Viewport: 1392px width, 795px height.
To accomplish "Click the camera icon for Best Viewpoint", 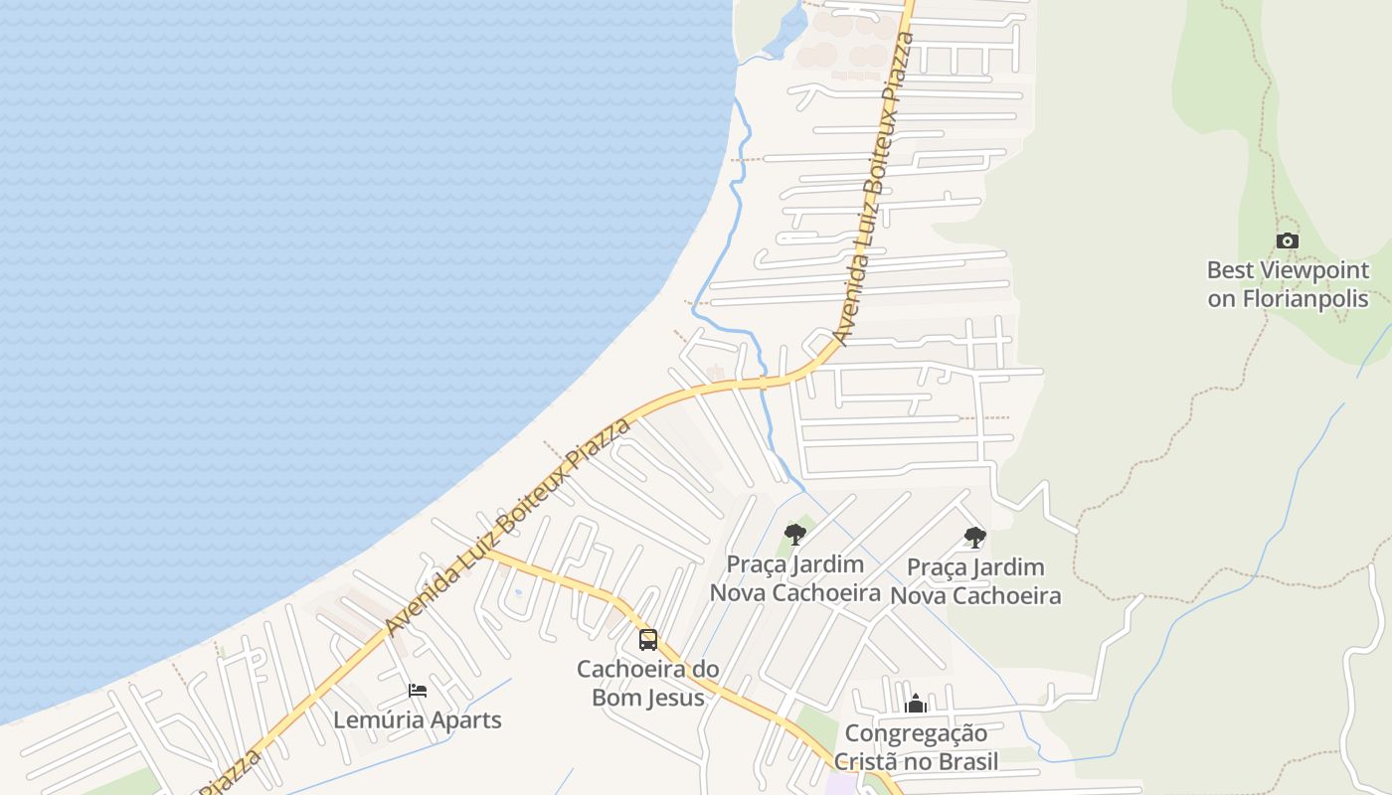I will [x=1288, y=240].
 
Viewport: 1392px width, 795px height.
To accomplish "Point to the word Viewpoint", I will [x=1314, y=270].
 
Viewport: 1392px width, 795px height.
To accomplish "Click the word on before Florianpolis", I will [x=1221, y=299].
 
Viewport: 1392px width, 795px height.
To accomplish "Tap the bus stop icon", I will [x=648, y=640].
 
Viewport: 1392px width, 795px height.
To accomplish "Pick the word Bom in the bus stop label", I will [x=611, y=698].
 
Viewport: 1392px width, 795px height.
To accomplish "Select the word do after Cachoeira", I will [x=705, y=669].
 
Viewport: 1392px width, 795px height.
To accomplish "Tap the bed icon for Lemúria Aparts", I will [x=418, y=691].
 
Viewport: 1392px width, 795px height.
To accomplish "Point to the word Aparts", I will [x=466, y=719].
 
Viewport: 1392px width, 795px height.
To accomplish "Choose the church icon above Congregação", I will [x=916, y=704].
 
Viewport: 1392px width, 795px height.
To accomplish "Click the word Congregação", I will [x=916, y=734].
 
